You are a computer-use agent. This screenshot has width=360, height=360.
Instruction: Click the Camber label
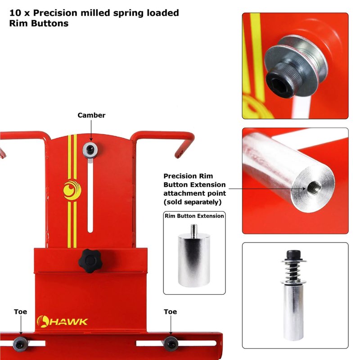coord(91,115)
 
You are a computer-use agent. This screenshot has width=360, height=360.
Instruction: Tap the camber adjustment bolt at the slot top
coord(90,150)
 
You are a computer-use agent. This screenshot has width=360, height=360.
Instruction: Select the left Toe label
coord(20,312)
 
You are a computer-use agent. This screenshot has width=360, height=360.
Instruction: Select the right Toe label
coord(171,312)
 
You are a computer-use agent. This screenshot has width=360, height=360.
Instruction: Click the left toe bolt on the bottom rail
coord(20,344)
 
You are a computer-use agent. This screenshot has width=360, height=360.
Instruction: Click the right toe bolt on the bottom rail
coord(171,344)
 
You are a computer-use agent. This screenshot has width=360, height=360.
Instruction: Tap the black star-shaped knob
coord(90,261)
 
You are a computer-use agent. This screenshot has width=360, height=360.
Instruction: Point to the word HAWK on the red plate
coord(68,322)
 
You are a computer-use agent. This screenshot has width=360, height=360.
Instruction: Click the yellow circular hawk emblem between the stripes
coord(72,190)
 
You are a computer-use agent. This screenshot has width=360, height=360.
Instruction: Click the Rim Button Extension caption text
coord(194,216)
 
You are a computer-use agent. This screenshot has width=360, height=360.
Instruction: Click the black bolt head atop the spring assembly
coord(293,254)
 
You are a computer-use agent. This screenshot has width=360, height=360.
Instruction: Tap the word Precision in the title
coord(55,13)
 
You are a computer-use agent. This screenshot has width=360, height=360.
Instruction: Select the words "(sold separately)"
coord(193,202)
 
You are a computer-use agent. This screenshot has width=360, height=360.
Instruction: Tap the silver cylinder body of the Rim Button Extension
coord(194,260)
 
